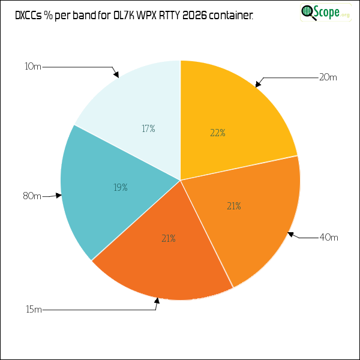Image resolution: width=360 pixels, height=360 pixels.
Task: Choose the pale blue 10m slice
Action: (138, 108)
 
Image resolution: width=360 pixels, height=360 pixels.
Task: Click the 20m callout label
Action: (328, 77)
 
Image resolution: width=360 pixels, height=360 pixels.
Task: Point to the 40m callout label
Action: (329, 238)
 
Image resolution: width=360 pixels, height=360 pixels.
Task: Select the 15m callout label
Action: (34, 310)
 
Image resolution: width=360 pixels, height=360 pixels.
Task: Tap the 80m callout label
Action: (32, 196)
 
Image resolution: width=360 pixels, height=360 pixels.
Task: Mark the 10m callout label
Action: (33, 67)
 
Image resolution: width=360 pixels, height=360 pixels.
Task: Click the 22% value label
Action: (218, 133)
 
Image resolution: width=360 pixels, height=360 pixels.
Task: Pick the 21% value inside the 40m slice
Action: (234, 206)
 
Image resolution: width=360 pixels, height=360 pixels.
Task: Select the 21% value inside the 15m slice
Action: (169, 239)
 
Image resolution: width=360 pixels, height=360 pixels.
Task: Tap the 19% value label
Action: (121, 188)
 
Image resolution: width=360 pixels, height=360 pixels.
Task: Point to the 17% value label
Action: (149, 129)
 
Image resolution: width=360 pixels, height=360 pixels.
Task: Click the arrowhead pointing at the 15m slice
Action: (157, 302)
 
